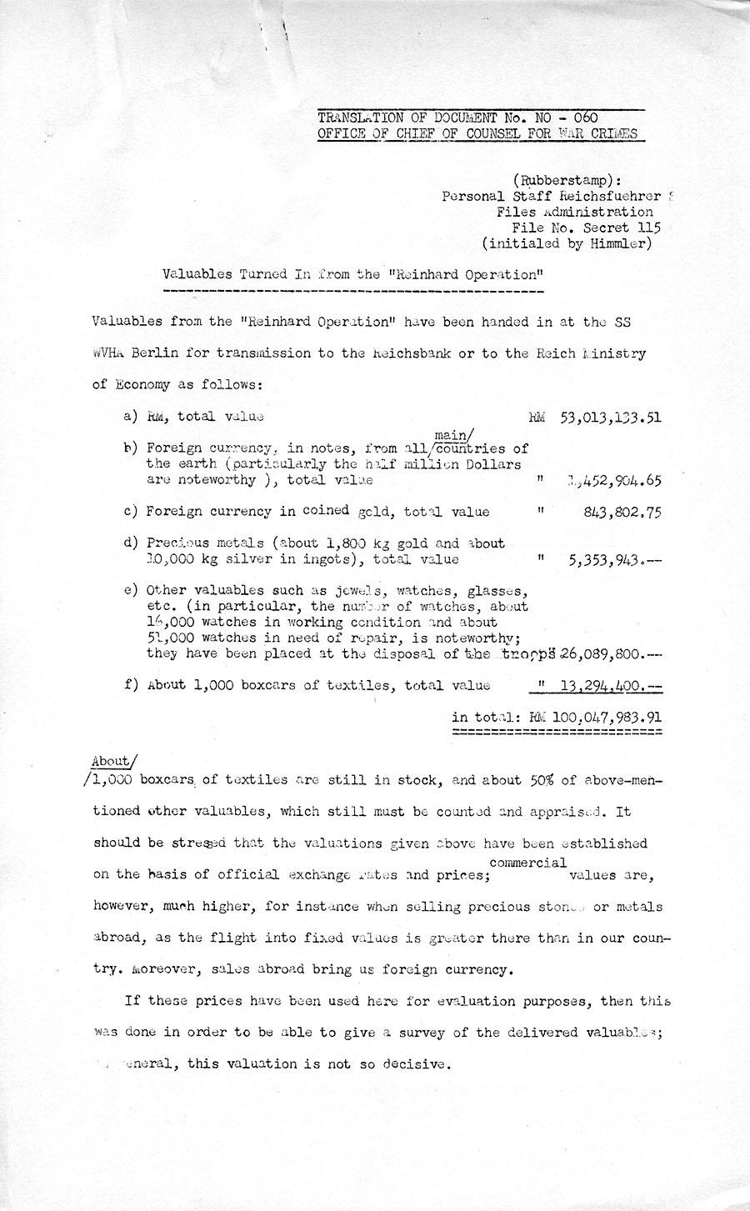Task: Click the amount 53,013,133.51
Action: tap(612, 417)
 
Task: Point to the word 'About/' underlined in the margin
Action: tap(111, 761)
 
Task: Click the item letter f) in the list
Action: tap(130, 686)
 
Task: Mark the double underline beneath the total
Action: tap(557, 732)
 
